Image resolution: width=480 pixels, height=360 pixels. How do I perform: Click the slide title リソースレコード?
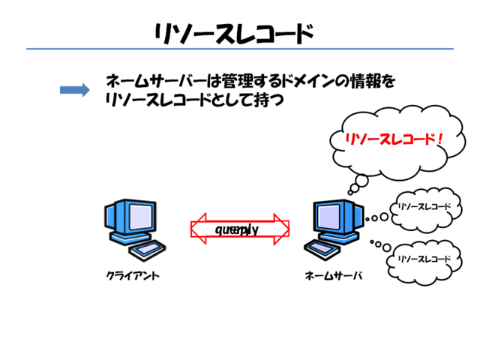(x=233, y=34)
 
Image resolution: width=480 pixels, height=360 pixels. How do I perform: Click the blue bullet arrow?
(x=74, y=90)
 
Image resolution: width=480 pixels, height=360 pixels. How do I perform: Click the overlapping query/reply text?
(x=237, y=229)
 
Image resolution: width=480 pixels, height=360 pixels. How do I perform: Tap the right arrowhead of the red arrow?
(x=282, y=229)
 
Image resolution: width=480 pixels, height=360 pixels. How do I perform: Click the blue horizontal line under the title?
(x=240, y=49)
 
